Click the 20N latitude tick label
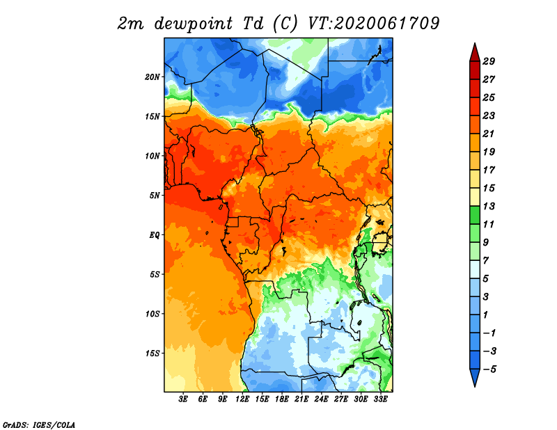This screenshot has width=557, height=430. [152, 77]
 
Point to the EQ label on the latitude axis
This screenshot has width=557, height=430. [155, 235]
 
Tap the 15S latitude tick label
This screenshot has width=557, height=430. [152, 353]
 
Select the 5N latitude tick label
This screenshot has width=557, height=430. [155, 196]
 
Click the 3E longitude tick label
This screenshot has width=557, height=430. [183, 399]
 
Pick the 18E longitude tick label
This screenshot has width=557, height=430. [282, 399]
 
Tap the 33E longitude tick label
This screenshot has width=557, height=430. [380, 399]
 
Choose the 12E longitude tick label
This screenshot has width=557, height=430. [242, 399]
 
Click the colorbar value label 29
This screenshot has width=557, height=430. [489, 62]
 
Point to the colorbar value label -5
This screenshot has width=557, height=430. [489, 369]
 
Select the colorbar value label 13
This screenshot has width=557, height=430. [489, 207]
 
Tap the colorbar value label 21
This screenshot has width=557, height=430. [489, 134]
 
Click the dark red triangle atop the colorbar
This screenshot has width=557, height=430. [475, 54]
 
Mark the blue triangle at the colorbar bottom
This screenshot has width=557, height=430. [475, 376]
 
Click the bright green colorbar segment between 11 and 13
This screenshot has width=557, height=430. [475, 216]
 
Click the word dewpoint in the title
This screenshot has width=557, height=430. [194, 24]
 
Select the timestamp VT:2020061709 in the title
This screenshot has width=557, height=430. [374, 24]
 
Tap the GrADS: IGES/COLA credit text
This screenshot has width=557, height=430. [39, 425]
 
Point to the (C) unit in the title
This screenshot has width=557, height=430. [285, 24]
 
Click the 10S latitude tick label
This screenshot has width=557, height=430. [152, 314]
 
